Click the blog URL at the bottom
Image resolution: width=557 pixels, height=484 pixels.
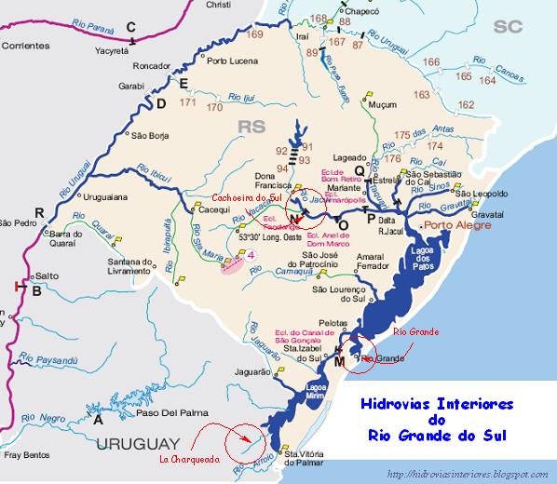tap(469, 476)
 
